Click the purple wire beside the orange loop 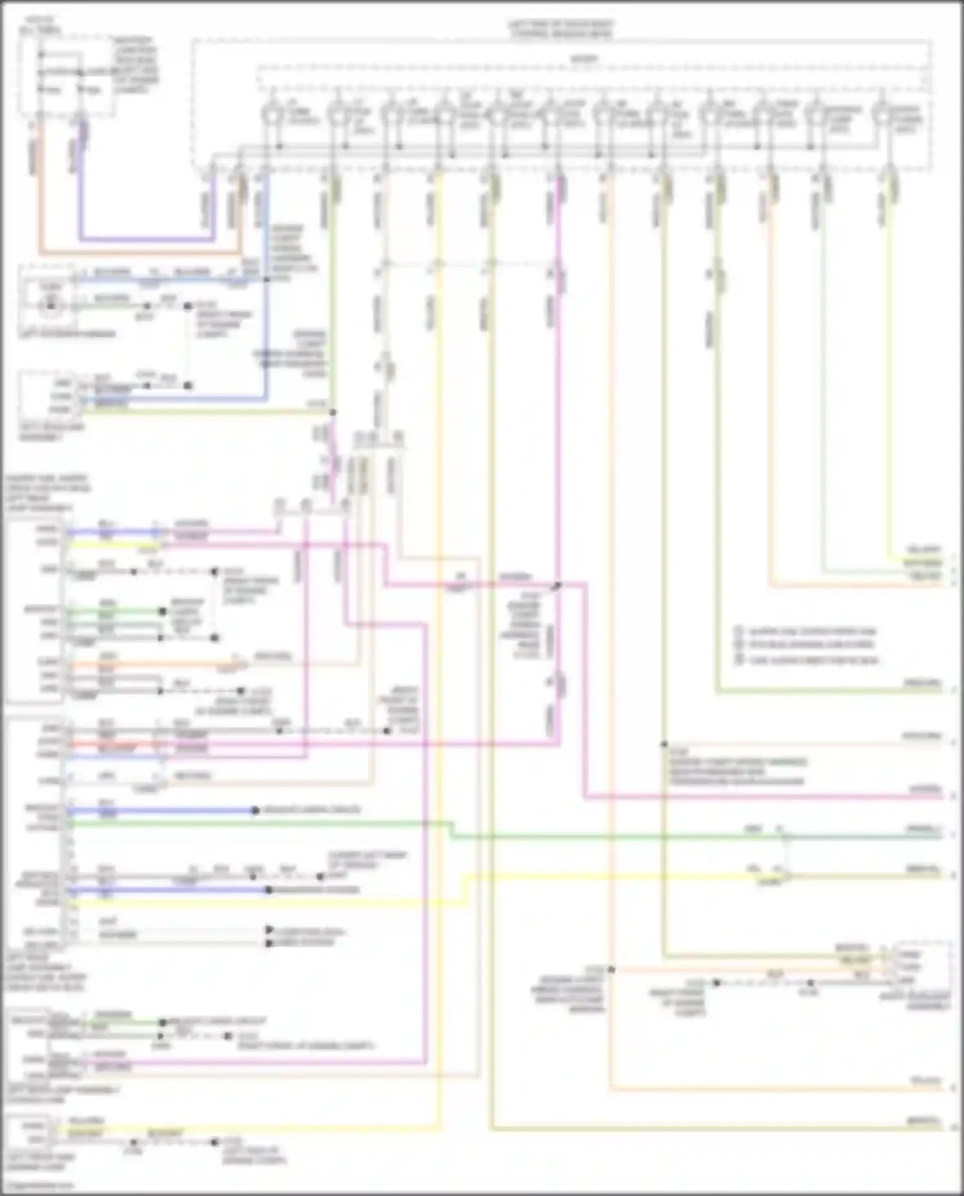click(80, 193)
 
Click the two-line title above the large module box click(561, 30)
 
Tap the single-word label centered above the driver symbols click(584, 59)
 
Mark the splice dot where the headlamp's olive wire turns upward click(333, 412)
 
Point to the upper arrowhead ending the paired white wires click(270, 930)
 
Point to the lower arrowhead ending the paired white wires click(270, 943)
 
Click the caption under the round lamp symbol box click(67, 334)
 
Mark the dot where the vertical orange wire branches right click(611, 969)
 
